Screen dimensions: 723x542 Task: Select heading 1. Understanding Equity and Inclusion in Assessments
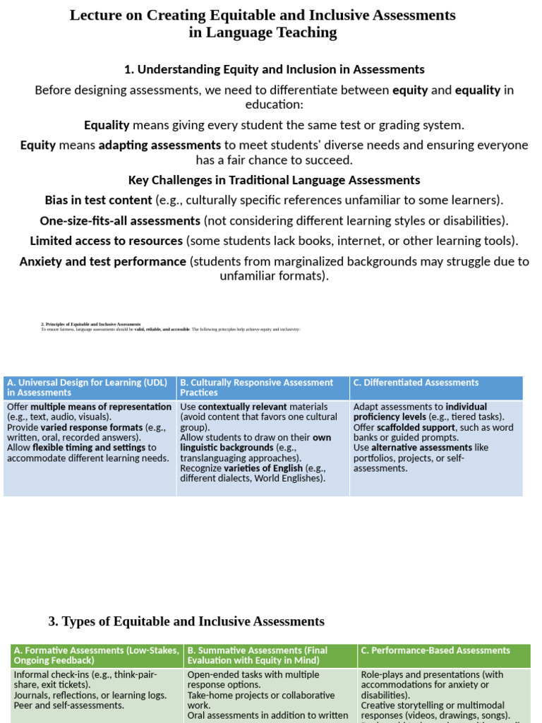[274, 69]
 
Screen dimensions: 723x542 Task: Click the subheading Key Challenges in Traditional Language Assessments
[274, 180]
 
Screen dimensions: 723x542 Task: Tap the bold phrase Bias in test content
[98, 200]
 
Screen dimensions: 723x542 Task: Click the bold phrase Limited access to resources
[107, 241]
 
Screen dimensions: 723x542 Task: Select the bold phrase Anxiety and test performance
[103, 261]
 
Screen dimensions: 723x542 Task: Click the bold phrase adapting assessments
[159, 145]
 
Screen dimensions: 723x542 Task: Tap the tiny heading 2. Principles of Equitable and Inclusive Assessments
[91, 324]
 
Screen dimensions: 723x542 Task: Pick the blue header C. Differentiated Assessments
[416, 383]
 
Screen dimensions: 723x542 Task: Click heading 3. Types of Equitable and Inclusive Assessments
[186, 621]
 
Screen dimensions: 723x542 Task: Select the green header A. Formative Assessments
[96, 655]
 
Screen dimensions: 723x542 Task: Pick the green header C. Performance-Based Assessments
[435, 650]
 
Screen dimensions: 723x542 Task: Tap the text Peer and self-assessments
[68, 705]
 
